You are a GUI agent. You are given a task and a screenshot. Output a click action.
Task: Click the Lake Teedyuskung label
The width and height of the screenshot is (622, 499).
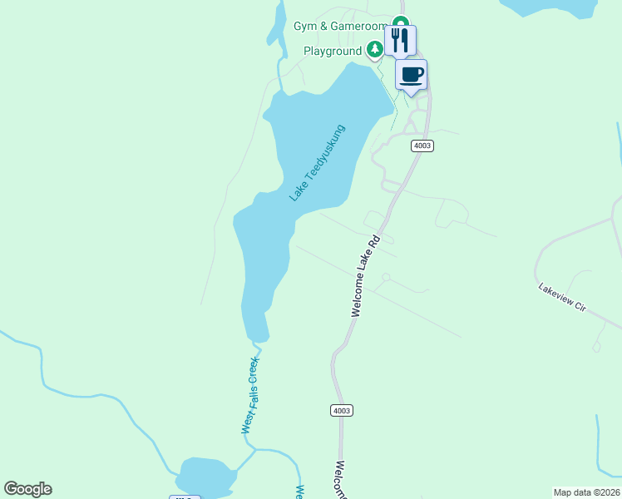(317, 163)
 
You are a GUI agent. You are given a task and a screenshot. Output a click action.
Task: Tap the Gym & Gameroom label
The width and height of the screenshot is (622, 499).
(340, 26)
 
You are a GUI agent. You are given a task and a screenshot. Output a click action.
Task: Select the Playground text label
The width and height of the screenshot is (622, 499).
(332, 51)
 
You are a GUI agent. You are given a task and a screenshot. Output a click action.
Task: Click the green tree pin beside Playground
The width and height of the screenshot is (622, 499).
(375, 50)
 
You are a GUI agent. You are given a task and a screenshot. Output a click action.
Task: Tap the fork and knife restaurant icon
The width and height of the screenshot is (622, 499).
(400, 39)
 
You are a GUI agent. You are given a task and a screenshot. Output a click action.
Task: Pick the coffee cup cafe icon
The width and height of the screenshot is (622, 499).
(411, 75)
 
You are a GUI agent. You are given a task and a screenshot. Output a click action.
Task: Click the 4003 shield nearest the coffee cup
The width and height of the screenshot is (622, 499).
(422, 146)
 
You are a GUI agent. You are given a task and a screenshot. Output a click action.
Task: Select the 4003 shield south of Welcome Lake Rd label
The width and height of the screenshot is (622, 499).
(341, 410)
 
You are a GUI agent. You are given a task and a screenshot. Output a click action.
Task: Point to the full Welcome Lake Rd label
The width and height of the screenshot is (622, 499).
(365, 275)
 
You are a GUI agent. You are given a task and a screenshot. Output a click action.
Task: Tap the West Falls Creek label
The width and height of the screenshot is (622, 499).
(250, 396)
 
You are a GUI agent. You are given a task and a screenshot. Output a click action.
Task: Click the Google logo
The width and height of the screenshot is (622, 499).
(27, 489)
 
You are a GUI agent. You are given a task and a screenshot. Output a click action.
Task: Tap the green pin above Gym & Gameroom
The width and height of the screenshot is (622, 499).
(401, 22)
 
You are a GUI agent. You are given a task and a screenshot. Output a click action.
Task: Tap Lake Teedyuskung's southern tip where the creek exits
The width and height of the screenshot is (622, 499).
(259, 336)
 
